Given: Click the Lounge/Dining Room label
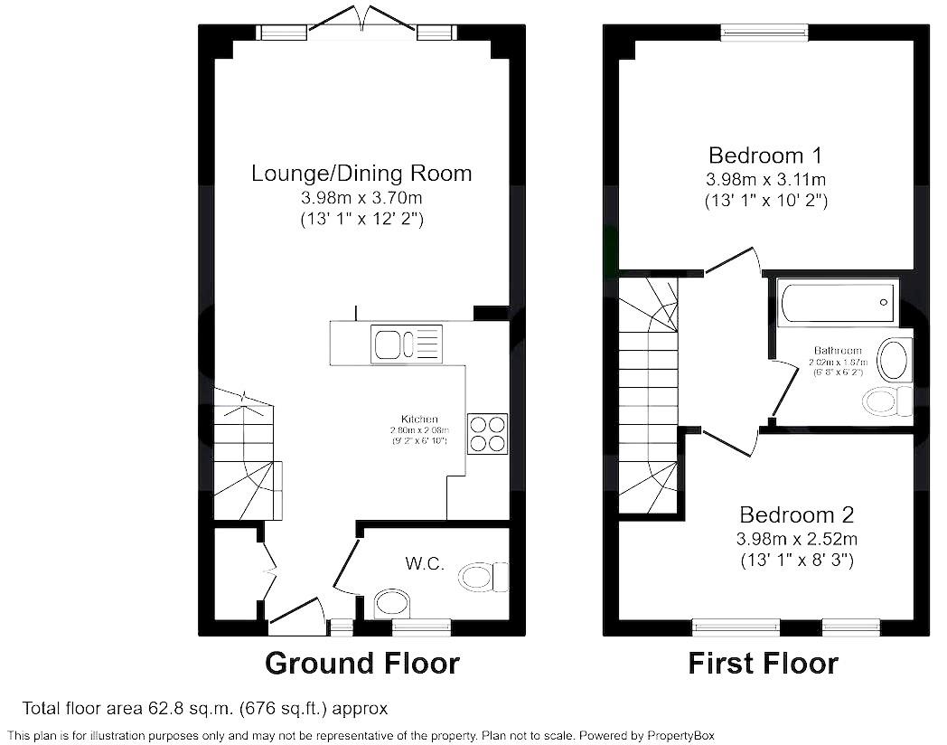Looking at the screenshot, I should click(361, 173).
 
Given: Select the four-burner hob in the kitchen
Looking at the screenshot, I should click(487, 432).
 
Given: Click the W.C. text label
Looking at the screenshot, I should click(425, 564).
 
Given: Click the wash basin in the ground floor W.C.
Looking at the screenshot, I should click(392, 603).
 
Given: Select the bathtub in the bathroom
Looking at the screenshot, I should click(838, 301).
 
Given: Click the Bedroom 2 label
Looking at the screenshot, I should click(796, 515).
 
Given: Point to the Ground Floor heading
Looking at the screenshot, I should click(361, 664).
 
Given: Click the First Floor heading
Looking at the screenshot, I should click(763, 664).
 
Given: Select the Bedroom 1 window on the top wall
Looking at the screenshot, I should click(764, 33).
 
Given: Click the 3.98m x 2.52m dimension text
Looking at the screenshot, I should click(796, 539).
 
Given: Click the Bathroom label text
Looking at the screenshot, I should click(838, 351).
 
